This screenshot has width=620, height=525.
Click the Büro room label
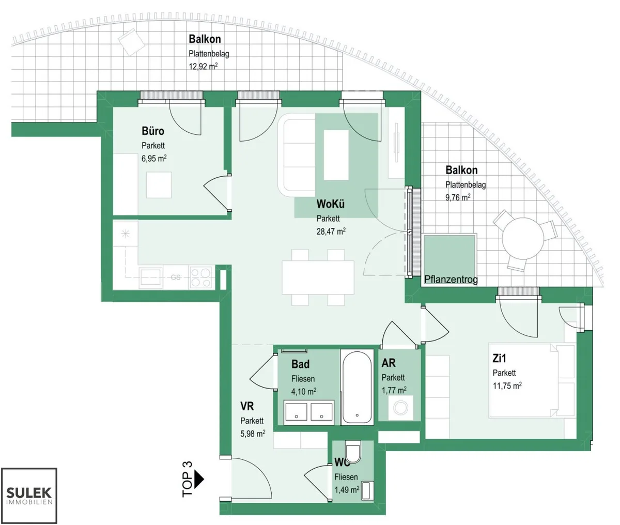pos(153,131)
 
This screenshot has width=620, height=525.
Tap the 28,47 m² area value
pos(331,231)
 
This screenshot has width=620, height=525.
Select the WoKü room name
pos(330,204)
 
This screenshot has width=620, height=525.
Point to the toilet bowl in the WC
pos(353,452)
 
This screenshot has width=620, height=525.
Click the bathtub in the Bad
pos(357,387)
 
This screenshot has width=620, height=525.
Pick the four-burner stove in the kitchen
pos(201,277)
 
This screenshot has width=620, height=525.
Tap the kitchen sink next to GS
pos(151,278)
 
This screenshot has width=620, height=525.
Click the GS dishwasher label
pos(176,277)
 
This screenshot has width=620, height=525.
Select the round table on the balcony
pos(523,239)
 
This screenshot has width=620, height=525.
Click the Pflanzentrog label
pos(451,280)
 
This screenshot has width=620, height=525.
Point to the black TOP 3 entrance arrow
pos(199,479)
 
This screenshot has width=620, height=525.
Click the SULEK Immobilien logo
pos(29,496)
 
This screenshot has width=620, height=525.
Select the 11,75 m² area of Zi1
pos(507,385)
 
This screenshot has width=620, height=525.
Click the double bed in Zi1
pos(532,381)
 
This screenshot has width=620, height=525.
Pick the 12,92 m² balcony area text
pos(203,66)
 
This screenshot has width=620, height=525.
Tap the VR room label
pos(247,406)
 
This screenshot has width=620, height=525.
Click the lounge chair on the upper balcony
pos(131,42)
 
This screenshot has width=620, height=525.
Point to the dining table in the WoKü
pos(318,277)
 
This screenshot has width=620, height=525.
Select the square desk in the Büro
pos(159,185)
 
